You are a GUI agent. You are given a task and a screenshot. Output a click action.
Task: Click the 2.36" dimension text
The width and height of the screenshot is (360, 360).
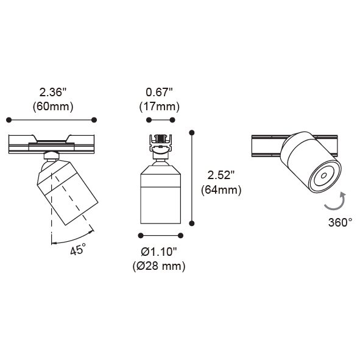[52, 93]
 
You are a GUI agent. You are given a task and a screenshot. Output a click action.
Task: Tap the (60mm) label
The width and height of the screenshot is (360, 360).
[53, 107]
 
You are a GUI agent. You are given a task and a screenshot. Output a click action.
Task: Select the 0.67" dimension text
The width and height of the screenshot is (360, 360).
[159, 93]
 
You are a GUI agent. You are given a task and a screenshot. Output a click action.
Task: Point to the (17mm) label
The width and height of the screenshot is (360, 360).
[160, 107]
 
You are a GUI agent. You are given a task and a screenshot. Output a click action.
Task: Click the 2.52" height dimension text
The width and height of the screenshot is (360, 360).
[221, 175]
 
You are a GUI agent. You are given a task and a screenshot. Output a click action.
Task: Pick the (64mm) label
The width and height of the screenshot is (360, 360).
[221, 190]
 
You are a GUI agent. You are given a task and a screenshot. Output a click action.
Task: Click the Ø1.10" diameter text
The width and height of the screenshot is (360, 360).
[159, 252]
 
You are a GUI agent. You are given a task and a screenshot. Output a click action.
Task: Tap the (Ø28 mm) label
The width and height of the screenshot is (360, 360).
[159, 266]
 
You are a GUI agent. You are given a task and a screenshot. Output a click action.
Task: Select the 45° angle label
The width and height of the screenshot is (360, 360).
[78, 250]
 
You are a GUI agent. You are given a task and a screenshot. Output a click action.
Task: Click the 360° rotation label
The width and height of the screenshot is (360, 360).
[340, 222]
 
